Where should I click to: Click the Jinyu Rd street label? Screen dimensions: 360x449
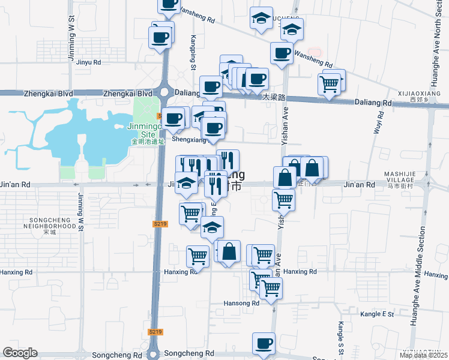(88, 62)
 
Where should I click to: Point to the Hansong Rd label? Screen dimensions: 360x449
(242, 304)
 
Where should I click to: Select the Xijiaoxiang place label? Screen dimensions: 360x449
(418, 95)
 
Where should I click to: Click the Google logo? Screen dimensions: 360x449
(20, 353)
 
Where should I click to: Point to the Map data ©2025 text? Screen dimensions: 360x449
(424, 355)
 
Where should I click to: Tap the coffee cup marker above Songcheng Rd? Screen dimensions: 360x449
(264, 344)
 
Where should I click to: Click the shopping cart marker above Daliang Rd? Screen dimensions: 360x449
(329, 85)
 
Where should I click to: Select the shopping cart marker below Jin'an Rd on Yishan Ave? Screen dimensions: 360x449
(283, 200)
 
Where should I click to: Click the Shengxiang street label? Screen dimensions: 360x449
(189, 139)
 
